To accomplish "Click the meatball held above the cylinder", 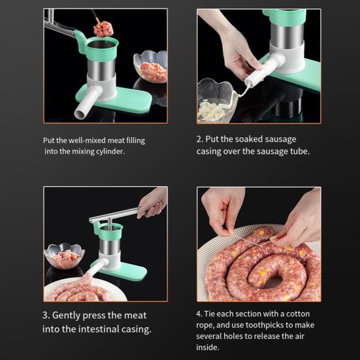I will coord(102,28).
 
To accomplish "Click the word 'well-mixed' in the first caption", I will coord(91,140).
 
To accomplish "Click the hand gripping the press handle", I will coord(153,202).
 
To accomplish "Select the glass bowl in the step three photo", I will coord(63,256).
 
